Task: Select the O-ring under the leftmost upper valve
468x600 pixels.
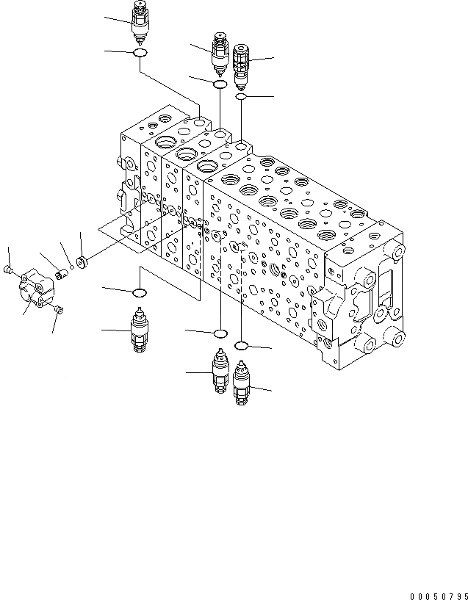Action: pos(140,53)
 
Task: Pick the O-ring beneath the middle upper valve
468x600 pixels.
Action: pos(220,85)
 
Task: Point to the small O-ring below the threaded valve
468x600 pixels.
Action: pos(241,96)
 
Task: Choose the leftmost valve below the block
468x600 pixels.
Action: pos(137,332)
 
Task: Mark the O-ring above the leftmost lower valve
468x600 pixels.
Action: pos(138,294)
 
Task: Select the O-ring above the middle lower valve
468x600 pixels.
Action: pos(220,335)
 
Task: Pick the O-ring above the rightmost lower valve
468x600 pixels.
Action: pos(242,344)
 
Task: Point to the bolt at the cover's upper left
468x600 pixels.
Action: pos(9,270)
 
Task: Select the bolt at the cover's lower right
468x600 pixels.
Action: pos(60,309)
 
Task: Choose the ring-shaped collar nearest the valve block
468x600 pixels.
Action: pos(82,260)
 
